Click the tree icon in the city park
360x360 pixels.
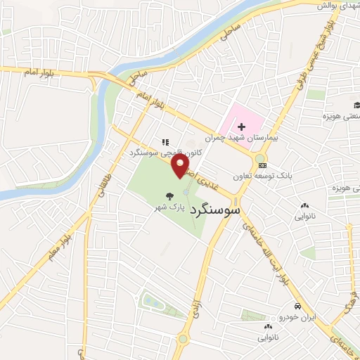click(168, 196)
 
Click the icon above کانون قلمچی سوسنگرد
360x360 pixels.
click(165, 141)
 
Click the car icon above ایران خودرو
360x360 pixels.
click(297, 307)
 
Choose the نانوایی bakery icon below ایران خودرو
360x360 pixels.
click(268, 327)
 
